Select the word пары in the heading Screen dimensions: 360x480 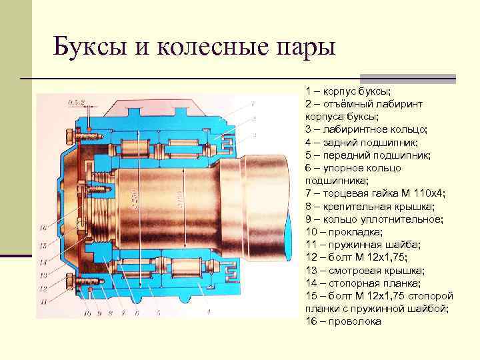pyautogui.click(x=303, y=47)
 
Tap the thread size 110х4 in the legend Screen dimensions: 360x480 pyautogui.click(x=427, y=193)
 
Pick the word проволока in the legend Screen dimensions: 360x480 pyautogui.click(x=355, y=321)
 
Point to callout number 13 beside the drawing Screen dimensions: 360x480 pyautogui.click(x=42, y=275)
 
